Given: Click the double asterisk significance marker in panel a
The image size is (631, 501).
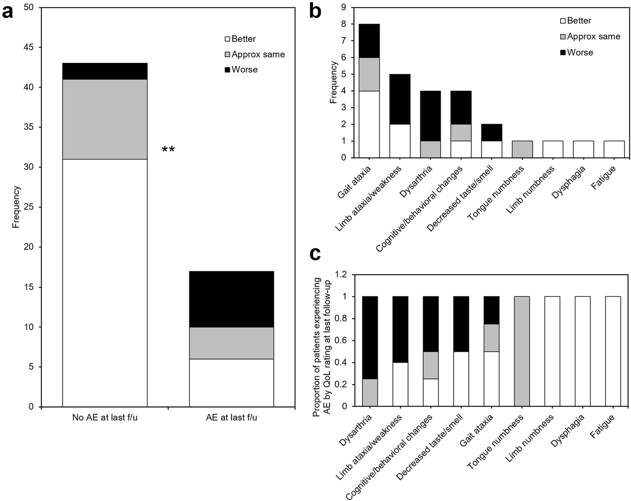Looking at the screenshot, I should [168, 149].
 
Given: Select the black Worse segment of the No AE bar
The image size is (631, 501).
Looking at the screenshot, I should [105, 71].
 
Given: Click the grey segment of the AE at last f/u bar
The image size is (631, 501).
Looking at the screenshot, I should [231, 343].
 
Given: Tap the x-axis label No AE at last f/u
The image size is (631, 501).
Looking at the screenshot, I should [105, 418].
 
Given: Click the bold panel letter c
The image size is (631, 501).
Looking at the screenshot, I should [315, 254].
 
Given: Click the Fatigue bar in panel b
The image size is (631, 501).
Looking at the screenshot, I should [614, 149].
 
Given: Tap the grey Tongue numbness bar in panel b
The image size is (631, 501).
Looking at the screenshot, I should [522, 149].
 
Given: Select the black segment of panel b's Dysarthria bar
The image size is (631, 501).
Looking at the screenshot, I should [430, 116].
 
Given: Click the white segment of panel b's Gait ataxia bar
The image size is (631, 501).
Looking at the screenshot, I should [369, 124].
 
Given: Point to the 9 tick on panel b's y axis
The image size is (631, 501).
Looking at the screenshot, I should [343, 7].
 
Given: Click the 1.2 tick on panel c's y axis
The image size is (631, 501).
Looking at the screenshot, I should [341, 274].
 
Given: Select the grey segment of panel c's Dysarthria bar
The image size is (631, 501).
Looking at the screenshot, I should [370, 393].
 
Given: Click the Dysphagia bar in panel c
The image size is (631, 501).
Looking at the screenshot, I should [582, 352].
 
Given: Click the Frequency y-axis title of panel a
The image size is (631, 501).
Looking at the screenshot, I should [16, 207].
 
